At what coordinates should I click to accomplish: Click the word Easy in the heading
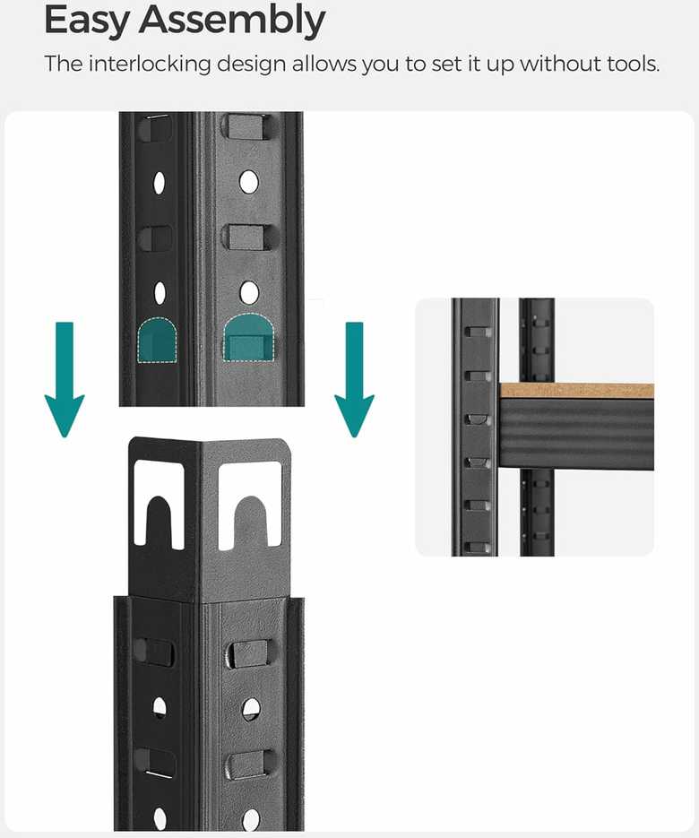point(87,22)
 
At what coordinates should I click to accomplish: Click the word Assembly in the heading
point(232,21)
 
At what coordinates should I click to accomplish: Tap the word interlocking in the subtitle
point(150,65)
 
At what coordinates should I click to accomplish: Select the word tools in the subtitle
point(634,64)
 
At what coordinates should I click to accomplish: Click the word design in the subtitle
point(251,65)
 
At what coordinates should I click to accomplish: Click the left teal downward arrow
point(65,379)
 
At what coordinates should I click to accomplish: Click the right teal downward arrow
point(354,379)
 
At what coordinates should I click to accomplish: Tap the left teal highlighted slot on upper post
point(157,341)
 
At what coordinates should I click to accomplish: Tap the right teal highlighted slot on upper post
point(248,337)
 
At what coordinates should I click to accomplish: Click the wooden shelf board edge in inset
point(576,390)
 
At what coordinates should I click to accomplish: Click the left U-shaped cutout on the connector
point(159,504)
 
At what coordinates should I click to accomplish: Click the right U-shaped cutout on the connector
point(250,504)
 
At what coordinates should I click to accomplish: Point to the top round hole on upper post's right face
point(248,182)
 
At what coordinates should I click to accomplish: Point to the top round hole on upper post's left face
point(160,183)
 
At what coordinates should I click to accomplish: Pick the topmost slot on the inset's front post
point(477,332)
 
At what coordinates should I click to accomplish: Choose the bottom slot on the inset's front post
point(477,548)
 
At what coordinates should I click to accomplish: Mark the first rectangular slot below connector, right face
point(250,653)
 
